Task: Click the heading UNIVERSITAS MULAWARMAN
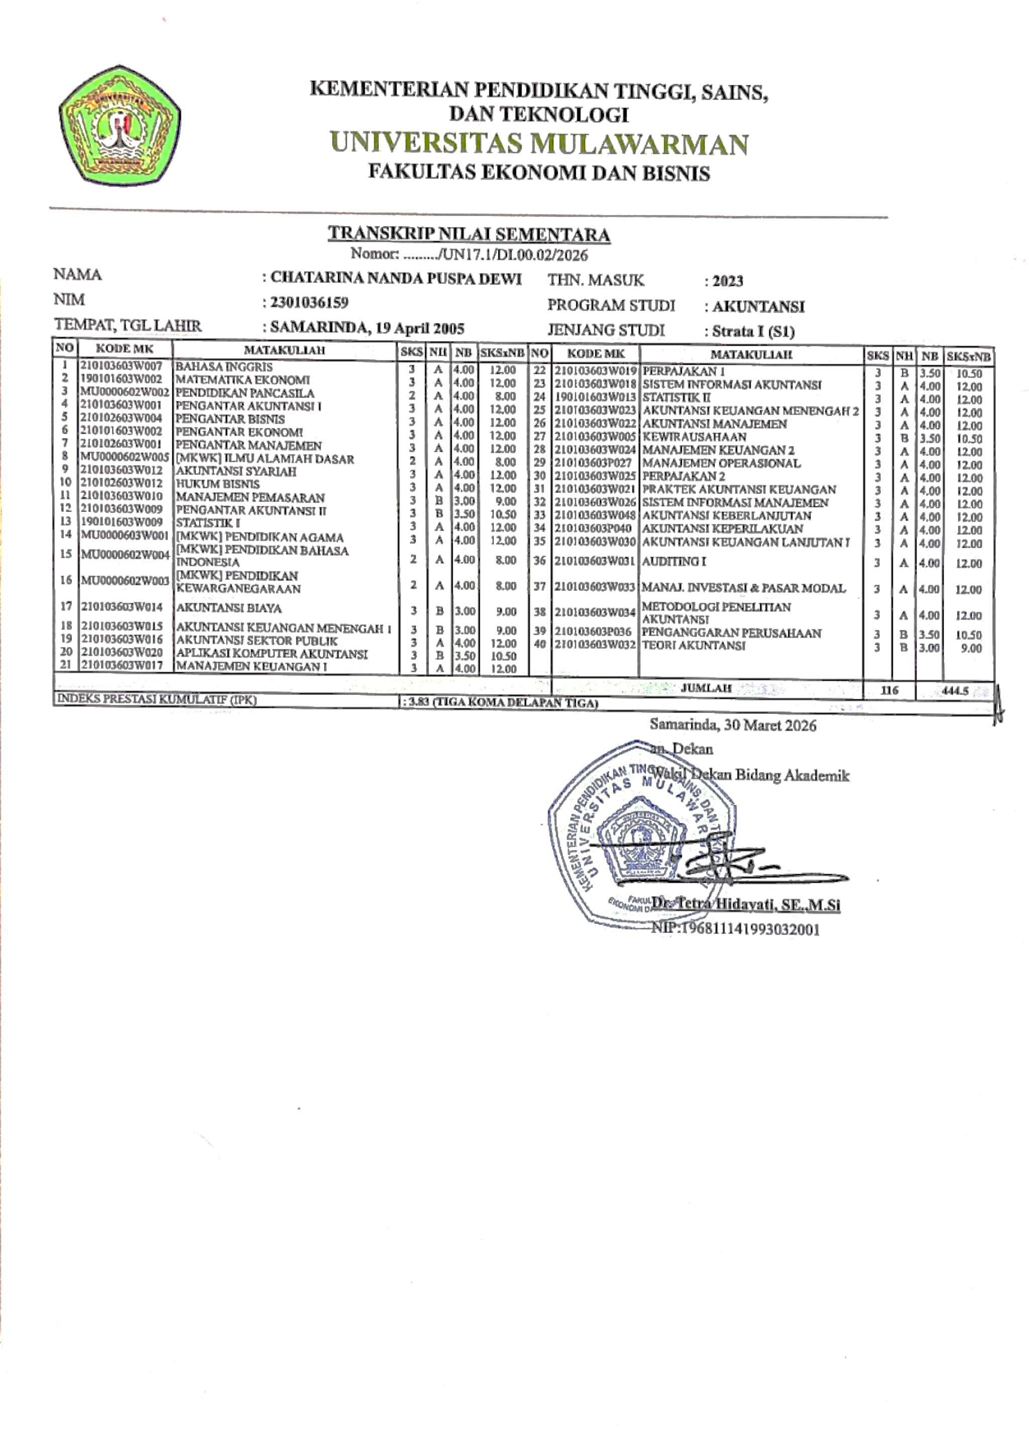(x=539, y=144)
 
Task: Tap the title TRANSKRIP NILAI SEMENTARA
(x=468, y=234)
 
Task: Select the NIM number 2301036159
(x=310, y=303)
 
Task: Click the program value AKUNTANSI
(x=758, y=307)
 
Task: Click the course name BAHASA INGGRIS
(x=224, y=367)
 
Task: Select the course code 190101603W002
(x=121, y=379)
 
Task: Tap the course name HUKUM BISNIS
(x=217, y=484)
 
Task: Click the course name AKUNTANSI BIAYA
(x=229, y=608)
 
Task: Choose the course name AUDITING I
(x=674, y=561)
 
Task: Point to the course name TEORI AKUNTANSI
(x=693, y=645)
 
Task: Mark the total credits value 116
(x=889, y=690)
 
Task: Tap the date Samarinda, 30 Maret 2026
(x=733, y=725)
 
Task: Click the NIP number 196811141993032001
(x=736, y=929)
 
